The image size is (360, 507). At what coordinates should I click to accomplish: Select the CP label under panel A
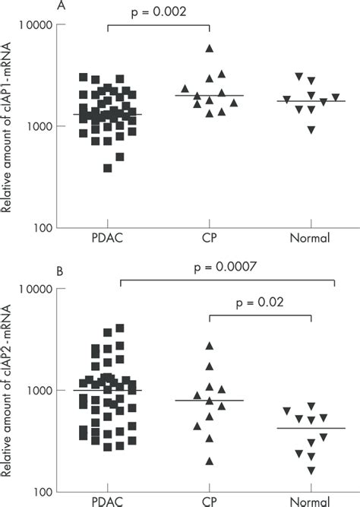pos(210,239)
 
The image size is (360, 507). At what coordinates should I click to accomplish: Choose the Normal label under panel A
pos(310,239)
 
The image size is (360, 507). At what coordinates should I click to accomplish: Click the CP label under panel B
pos(210,502)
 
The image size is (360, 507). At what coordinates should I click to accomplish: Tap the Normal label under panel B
pos(310,502)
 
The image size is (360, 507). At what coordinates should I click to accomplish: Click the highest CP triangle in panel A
pos(210,49)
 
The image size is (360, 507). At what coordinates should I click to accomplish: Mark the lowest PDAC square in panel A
pos(108,168)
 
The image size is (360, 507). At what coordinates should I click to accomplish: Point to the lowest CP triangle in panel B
pos(210,461)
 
